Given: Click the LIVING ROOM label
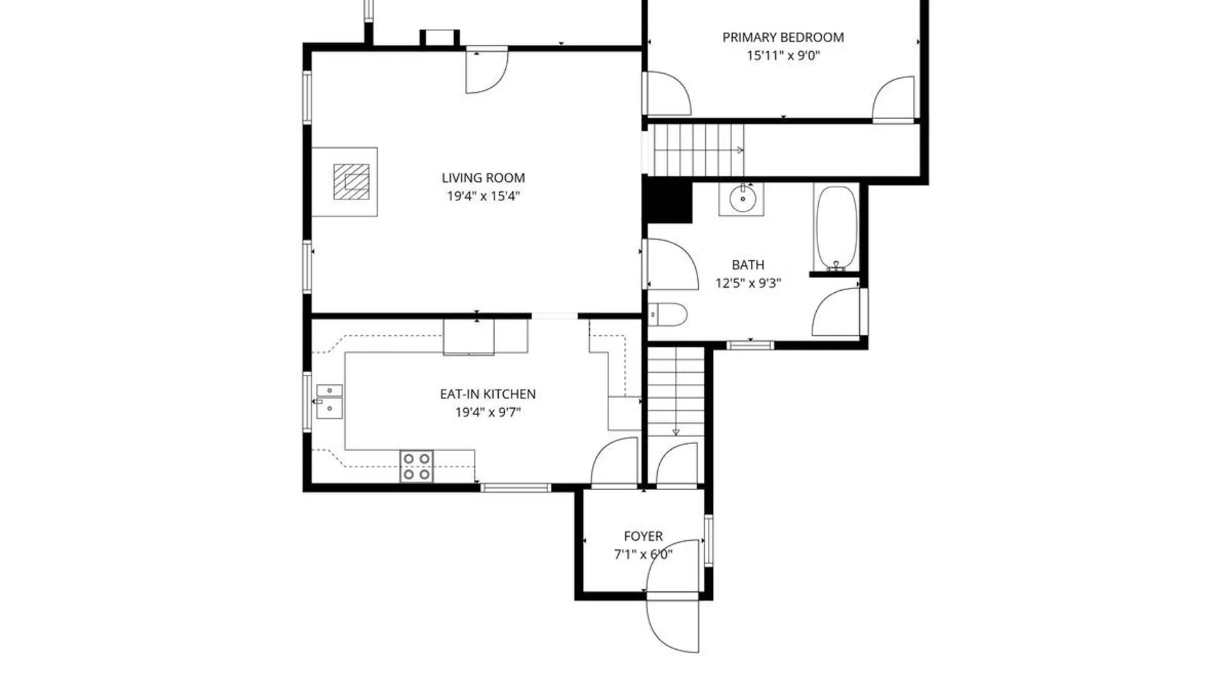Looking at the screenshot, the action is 483,178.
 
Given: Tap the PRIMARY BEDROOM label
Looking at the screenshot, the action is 783,38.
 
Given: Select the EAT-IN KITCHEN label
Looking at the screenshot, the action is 487,394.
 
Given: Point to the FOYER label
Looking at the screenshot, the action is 643,536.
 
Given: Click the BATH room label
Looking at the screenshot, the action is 748,265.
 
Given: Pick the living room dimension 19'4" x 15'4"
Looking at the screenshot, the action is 483,196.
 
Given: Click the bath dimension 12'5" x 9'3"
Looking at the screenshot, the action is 748,283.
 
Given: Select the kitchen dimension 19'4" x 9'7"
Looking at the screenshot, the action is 487,412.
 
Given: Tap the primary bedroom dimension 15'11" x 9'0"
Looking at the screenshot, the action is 783,56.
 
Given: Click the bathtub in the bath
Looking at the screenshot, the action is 836,228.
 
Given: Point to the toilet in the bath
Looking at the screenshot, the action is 667,315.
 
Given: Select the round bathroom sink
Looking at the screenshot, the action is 742,199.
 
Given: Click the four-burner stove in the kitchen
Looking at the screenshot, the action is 416,466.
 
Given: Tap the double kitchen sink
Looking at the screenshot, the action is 330,401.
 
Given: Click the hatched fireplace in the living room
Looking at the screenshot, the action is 351,181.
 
